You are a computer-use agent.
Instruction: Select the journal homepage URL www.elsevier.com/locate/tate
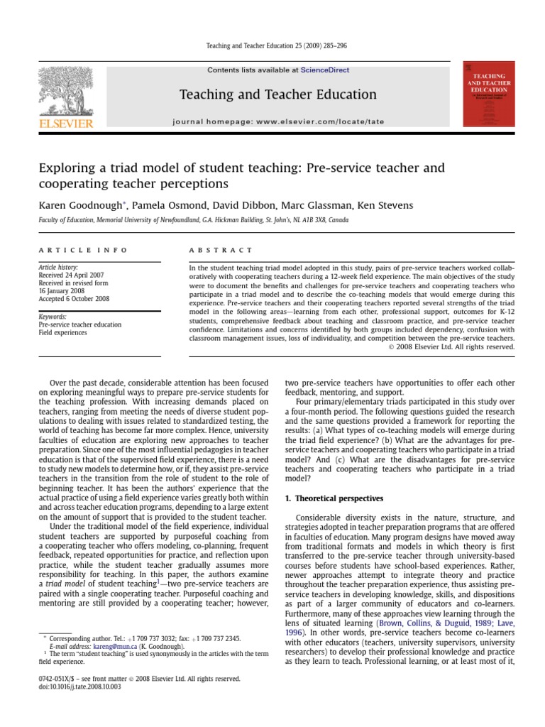320,121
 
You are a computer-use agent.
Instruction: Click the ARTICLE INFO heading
83,251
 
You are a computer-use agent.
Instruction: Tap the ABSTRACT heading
221,251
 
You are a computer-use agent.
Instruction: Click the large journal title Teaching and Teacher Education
277,94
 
